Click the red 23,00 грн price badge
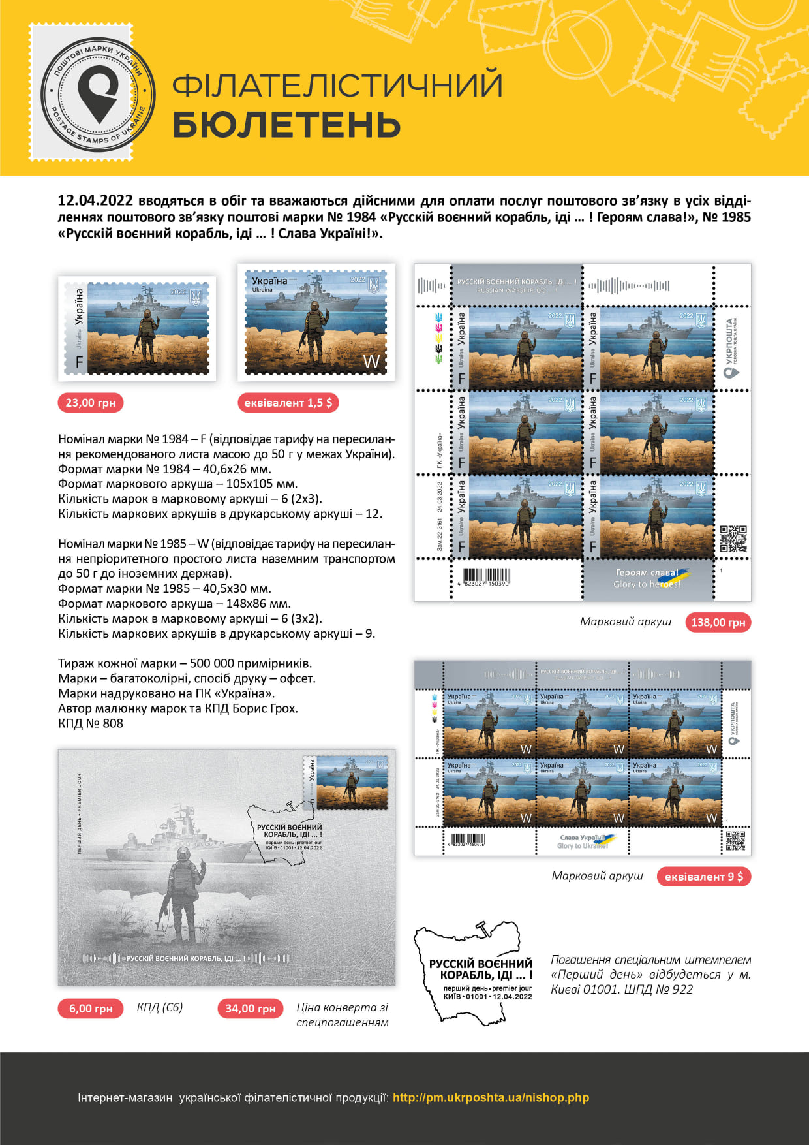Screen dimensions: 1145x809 [91, 403]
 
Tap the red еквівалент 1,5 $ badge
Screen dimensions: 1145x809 [288, 403]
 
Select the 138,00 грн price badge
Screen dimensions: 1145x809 [718, 622]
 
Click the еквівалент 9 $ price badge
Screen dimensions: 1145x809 [703, 877]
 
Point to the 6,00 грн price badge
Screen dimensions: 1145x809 [91, 1009]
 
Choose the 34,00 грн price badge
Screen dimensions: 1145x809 [250, 1009]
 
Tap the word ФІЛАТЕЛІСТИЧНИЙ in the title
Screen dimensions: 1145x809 [337, 86]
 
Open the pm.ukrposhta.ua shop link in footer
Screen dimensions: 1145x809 [491, 1097]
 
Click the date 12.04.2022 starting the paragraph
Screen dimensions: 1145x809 [95, 200]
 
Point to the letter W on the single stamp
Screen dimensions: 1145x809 [371, 362]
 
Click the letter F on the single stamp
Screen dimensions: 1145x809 [80, 362]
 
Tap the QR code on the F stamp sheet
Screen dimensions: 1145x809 [733, 539]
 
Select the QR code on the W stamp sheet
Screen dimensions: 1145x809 [735, 840]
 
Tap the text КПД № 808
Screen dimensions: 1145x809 [91, 723]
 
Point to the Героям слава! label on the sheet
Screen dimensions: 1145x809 [647, 572]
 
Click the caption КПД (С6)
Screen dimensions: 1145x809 [160, 1007]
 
